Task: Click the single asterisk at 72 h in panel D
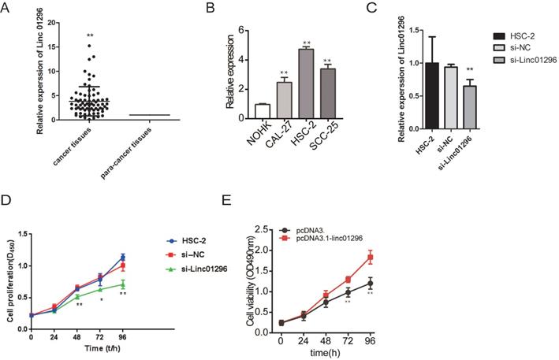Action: tap(101, 300)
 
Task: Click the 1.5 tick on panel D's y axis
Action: tap(21, 233)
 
